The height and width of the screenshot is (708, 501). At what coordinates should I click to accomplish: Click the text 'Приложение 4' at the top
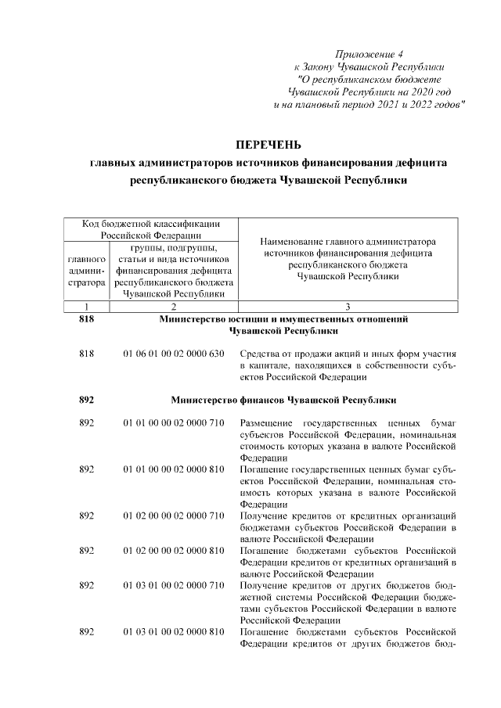coord(369,54)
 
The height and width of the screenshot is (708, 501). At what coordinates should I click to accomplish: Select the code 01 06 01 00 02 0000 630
coord(174,354)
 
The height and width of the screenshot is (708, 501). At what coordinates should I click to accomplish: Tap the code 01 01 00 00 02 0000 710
coord(174,422)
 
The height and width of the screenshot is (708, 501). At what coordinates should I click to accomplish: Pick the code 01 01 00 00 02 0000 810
coord(174,469)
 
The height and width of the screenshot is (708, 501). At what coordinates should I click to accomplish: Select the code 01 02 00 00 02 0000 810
coord(174,550)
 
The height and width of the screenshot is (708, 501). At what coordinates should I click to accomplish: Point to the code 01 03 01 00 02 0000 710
coord(174,585)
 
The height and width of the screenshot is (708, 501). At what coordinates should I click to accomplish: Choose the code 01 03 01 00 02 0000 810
coord(174,631)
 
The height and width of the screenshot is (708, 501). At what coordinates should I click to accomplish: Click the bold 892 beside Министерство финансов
coord(87,400)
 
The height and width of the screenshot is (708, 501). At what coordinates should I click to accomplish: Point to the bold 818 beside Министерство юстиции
coord(87,319)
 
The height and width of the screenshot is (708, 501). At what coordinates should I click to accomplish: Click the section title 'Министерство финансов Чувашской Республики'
coord(283,400)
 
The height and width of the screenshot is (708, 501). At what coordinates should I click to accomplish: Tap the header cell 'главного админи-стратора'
coord(87,270)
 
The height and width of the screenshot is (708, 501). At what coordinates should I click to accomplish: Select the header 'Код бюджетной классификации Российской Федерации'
coord(152,229)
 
